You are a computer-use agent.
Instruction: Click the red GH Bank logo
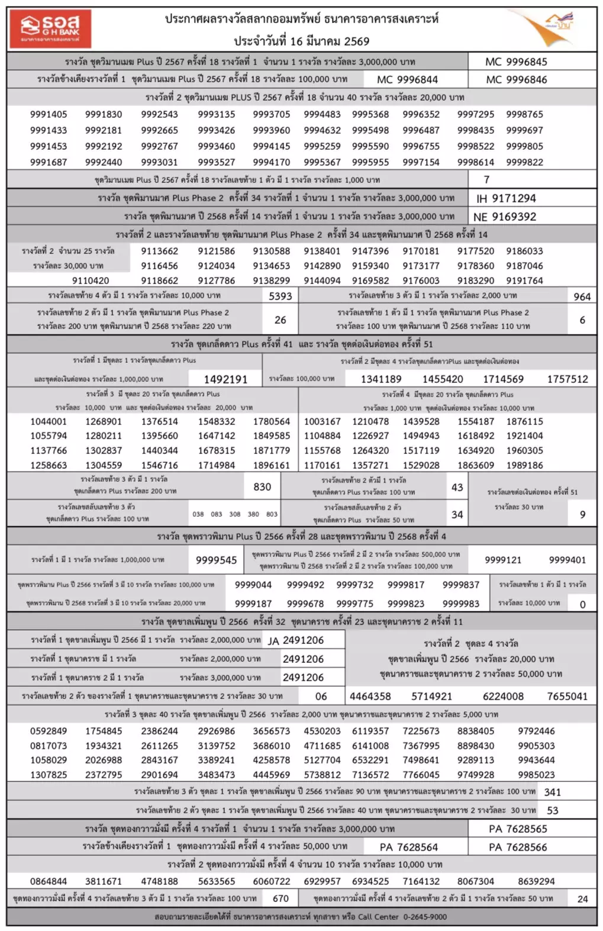point(50,28)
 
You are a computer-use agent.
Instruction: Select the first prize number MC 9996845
point(516,62)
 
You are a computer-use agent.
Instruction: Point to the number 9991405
point(49,114)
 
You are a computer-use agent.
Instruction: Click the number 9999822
point(524,162)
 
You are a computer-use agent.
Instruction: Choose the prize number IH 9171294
point(506,198)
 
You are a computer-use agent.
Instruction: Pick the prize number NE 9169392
point(505,217)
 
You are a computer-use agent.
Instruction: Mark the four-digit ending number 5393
point(280,296)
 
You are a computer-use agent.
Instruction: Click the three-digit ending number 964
point(582,297)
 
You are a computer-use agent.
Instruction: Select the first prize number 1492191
point(225,379)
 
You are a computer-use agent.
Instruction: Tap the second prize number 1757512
point(567,379)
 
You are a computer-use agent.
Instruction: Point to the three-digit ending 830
point(262,487)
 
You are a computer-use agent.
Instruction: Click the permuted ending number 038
point(198,514)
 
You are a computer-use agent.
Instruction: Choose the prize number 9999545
point(216,560)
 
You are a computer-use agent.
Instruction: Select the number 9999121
point(503,560)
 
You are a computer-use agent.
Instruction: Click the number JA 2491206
point(296,640)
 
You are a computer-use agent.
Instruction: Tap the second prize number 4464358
point(370,697)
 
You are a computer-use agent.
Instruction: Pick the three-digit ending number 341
point(552,792)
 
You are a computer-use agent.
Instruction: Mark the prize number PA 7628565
point(518,829)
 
